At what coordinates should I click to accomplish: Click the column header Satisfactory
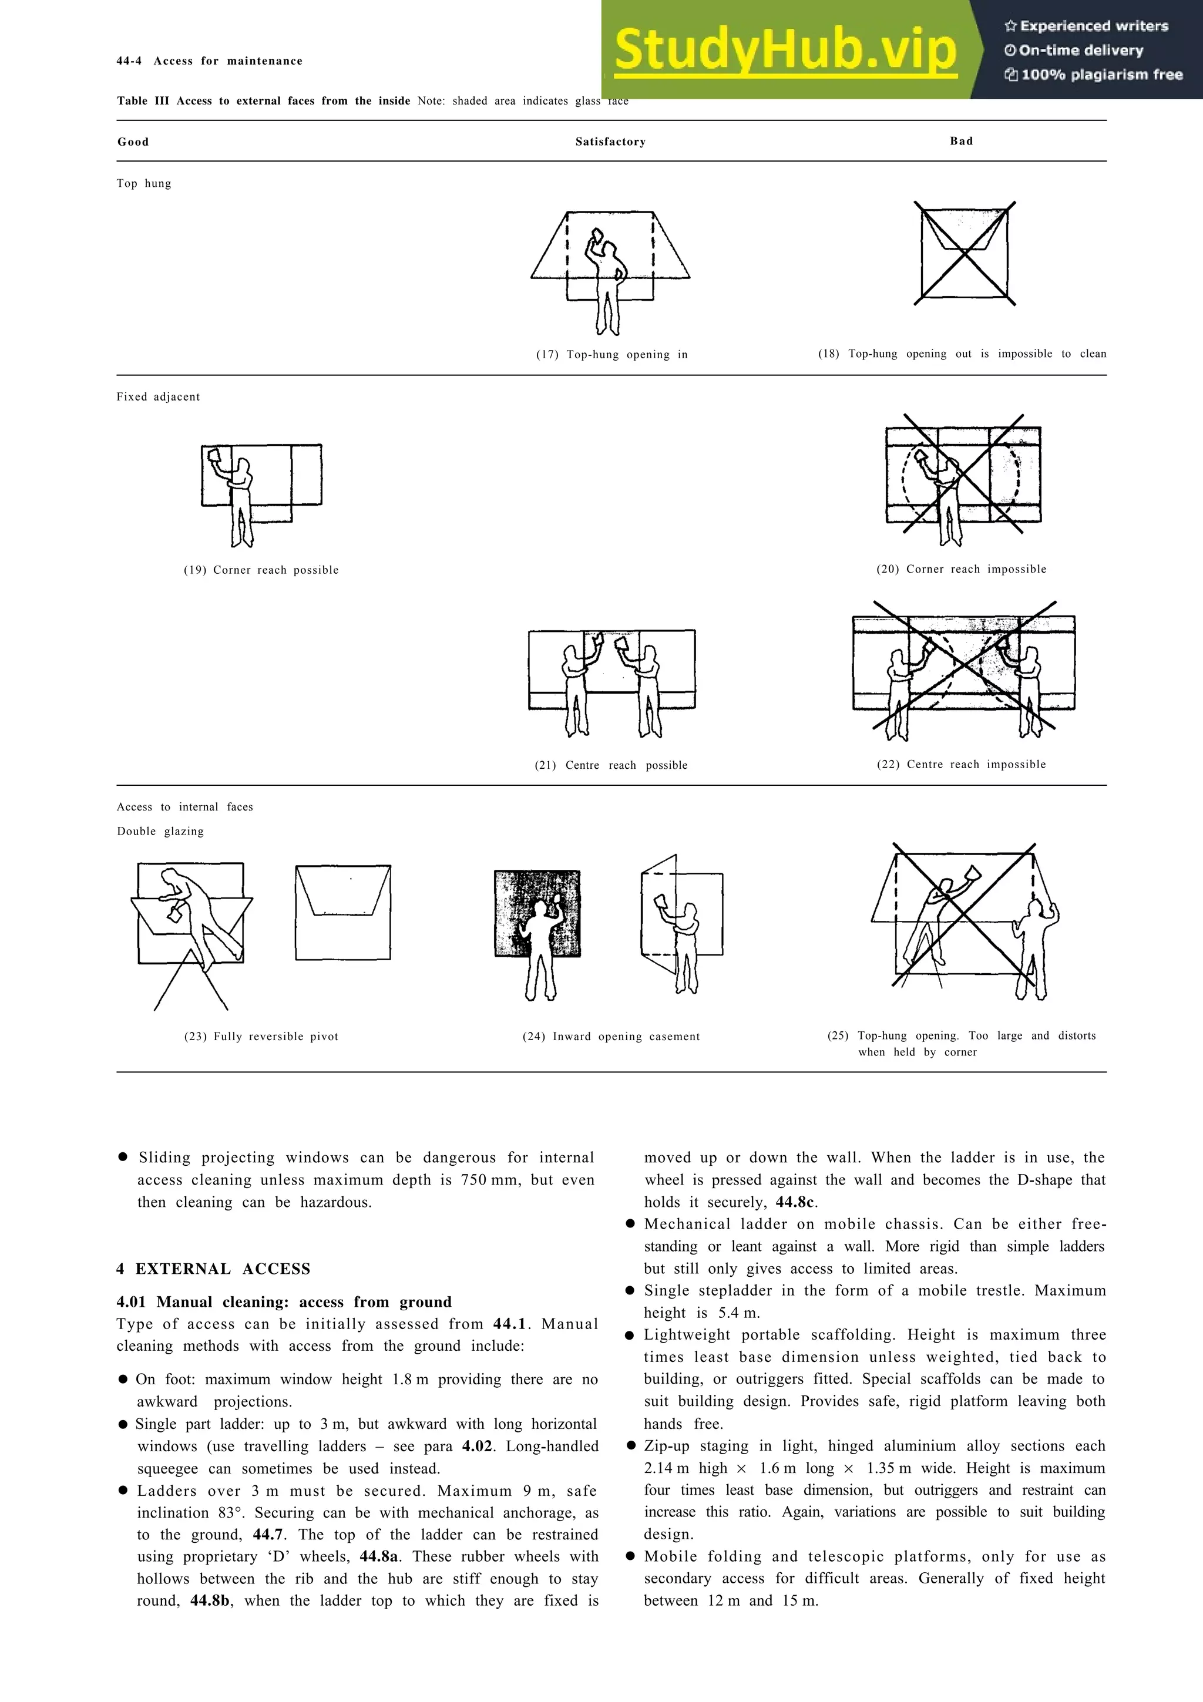[610, 142]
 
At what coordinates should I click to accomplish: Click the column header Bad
[962, 141]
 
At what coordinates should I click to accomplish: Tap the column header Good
[133, 142]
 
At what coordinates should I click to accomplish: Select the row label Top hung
[144, 183]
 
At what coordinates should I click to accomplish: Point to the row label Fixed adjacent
[158, 396]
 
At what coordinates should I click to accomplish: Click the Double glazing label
[160, 831]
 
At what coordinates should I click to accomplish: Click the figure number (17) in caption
[547, 354]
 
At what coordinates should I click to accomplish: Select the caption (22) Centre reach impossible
[962, 764]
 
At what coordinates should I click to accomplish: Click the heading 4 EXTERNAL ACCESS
[213, 1269]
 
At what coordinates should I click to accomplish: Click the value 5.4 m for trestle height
[738, 1312]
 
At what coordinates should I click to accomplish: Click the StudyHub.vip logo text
[786, 51]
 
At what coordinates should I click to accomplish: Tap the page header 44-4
[129, 61]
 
